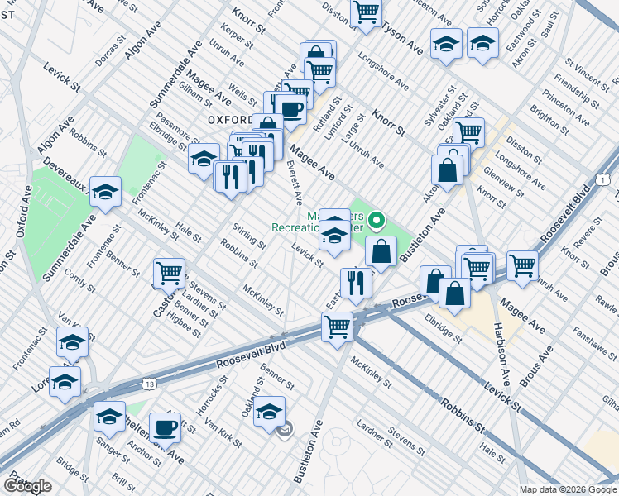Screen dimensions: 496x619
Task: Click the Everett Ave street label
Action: click(294, 183)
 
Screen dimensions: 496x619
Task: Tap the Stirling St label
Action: click(249, 235)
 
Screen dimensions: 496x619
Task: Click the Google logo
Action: click(27, 486)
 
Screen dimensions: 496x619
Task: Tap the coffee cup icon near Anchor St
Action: click(166, 428)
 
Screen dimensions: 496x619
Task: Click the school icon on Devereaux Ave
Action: click(105, 193)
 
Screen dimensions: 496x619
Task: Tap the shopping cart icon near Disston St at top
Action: click(365, 12)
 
